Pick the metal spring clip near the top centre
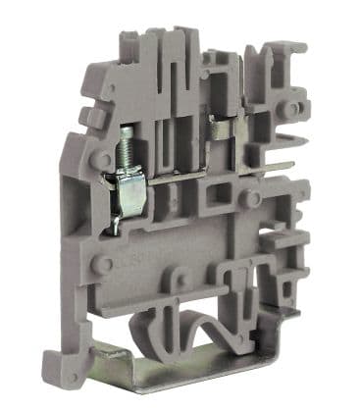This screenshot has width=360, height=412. point(221,127)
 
